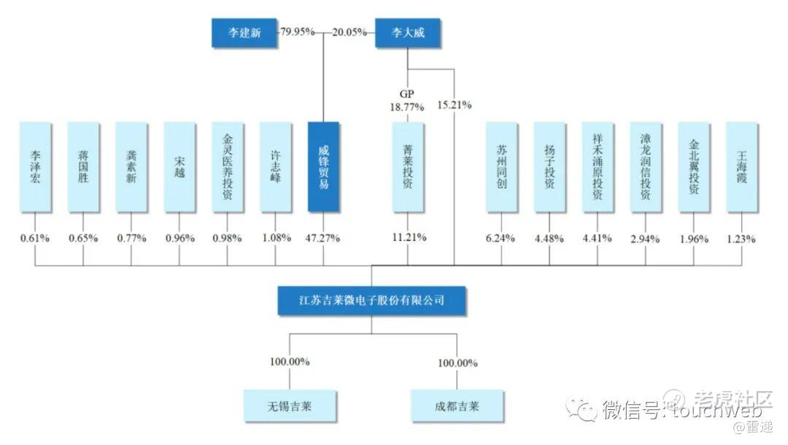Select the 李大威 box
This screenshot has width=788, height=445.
pyautogui.click(x=409, y=33)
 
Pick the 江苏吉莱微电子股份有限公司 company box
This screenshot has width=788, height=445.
pyautogui.click(x=371, y=300)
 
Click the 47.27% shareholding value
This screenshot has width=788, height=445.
pyautogui.click(x=323, y=238)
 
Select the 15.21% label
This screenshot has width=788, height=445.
pyautogui.click(x=454, y=104)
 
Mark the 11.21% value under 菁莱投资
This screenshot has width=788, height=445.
pyautogui.click(x=409, y=238)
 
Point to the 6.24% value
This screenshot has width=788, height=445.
pyautogui.click(x=501, y=238)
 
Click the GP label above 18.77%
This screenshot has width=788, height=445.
pyautogui.click(x=407, y=93)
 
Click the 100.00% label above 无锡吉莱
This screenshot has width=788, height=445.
pyautogui.click(x=290, y=361)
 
